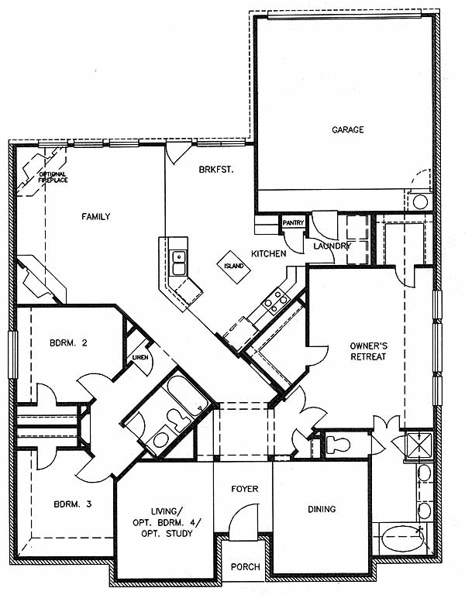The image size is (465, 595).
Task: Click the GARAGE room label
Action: pyautogui.click(x=348, y=130)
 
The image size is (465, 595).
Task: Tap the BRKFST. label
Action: pyautogui.click(x=216, y=169)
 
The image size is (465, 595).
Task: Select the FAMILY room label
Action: pyautogui.click(x=96, y=216)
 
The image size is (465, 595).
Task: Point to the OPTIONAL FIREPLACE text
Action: pyautogui.click(x=53, y=177)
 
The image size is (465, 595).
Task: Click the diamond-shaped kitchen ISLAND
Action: pyautogui.click(x=233, y=267)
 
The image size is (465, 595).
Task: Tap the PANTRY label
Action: pyautogui.click(x=293, y=223)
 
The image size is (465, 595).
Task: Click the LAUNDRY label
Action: pyautogui.click(x=331, y=246)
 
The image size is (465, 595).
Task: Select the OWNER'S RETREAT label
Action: pyautogui.click(x=368, y=351)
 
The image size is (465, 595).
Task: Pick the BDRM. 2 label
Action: pyautogui.click(x=68, y=343)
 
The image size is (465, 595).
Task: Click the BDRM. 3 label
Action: pyautogui.click(x=73, y=504)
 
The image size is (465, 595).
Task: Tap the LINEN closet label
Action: pyautogui.click(x=139, y=357)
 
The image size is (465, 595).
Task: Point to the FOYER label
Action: pyautogui.click(x=245, y=489)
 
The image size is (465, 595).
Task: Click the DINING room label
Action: pyautogui.click(x=322, y=509)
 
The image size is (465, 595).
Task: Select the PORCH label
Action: pyautogui.click(x=246, y=567)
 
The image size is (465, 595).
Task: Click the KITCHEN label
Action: pyautogui.click(x=269, y=253)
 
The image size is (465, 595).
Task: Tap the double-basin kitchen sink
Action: pyautogui.click(x=179, y=263)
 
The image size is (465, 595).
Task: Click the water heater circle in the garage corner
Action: pyautogui.click(x=420, y=202)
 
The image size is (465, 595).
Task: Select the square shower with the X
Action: pyautogui.click(x=418, y=446)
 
